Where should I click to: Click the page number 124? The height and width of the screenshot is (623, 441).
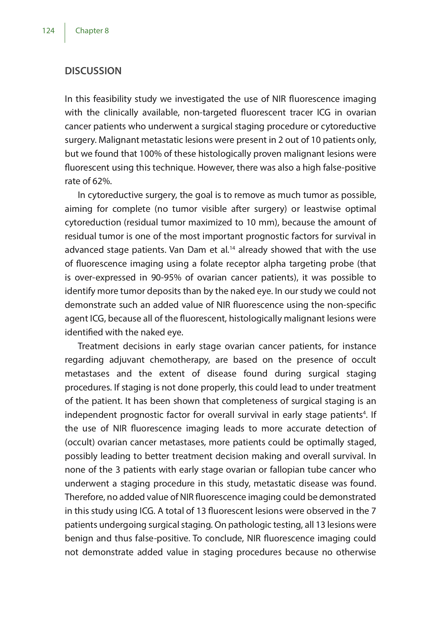point(48,31)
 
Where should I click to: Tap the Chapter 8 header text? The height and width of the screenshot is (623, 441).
point(92,31)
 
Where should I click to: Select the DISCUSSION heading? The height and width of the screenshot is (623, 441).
point(93,71)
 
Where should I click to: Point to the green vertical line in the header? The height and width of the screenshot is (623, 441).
point(65,33)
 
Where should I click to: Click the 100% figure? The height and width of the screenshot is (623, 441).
point(151,154)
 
